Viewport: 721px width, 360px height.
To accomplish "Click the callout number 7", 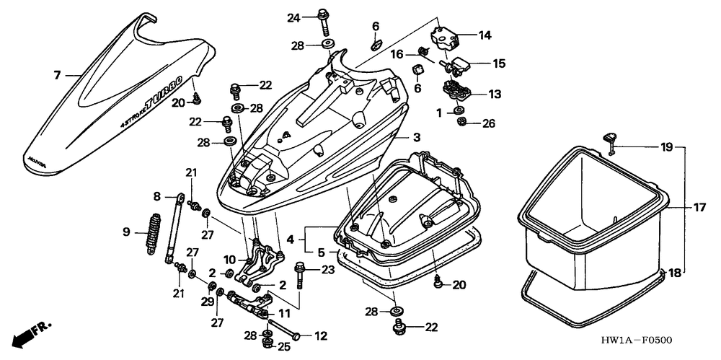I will [56, 74].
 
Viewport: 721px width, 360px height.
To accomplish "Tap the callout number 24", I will [293, 17].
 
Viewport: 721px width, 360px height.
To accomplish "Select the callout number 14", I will [484, 35].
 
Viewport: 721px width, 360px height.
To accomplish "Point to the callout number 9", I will [125, 232].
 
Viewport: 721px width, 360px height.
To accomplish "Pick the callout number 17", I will [699, 208].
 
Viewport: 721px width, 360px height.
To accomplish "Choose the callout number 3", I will [416, 137].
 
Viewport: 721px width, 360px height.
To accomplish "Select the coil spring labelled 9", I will [151, 232].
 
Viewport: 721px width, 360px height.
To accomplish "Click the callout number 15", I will [499, 63].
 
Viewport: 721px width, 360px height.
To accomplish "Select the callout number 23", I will [328, 271].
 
